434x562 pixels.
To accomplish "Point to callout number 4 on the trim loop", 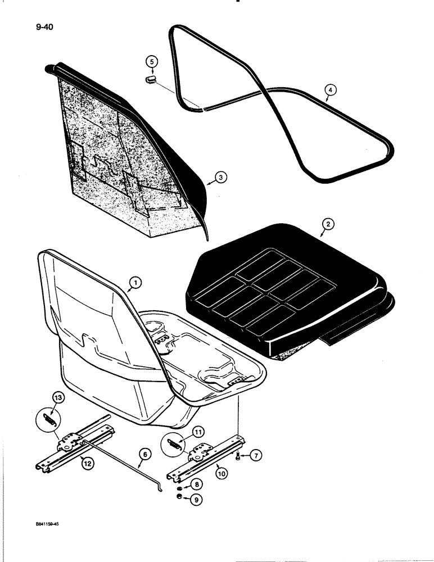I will (x=331, y=89).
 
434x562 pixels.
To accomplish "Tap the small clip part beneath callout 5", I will (x=151, y=80).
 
